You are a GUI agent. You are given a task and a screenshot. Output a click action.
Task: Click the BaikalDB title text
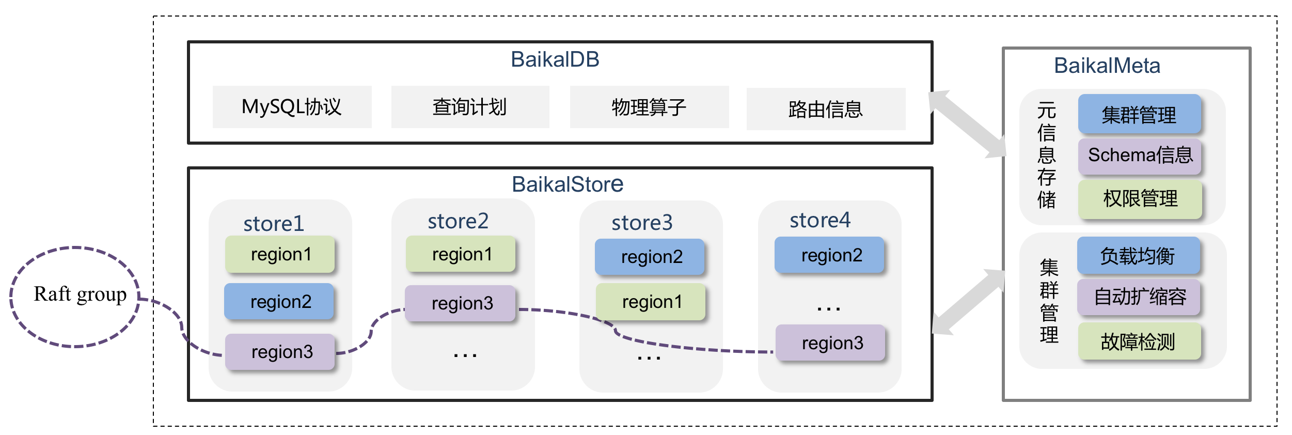click(x=555, y=59)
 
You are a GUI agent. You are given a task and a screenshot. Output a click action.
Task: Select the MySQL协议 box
click(x=292, y=107)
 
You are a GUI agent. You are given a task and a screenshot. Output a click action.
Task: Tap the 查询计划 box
click(x=470, y=107)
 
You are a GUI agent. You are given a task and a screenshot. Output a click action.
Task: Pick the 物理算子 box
click(x=649, y=107)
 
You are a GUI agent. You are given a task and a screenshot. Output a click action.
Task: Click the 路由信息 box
click(x=825, y=109)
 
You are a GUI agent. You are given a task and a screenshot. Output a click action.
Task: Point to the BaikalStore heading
click(x=567, y=184)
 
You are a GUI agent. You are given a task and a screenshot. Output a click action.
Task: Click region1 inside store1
click(x=280, y=254)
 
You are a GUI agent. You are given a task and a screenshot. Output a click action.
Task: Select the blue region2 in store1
click(x=279, y=301)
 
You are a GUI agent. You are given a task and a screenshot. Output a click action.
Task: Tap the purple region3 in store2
click(x=461, y=303)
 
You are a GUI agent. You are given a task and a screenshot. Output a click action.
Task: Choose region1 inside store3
click(x=651, y=302)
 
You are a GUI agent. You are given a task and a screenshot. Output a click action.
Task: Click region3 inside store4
click(x=831, y=343)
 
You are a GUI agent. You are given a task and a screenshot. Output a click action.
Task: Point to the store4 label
click(x=820, y=220)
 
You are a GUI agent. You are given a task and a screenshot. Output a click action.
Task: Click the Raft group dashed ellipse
click(x=75, y=297)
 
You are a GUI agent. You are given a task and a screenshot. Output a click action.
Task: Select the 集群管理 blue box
click(x=1139, y=114)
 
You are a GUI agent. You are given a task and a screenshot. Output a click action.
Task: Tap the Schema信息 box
click(x=1140, y=155)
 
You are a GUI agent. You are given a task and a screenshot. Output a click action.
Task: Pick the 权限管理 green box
click(x=1140, y=199)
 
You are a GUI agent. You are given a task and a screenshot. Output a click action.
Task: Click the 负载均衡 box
click(x=1138, y=256)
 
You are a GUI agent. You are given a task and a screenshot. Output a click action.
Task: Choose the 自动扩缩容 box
click(x=1139, y=297)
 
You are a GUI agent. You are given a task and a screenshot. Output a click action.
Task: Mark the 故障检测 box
click(x=1139, y=341)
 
